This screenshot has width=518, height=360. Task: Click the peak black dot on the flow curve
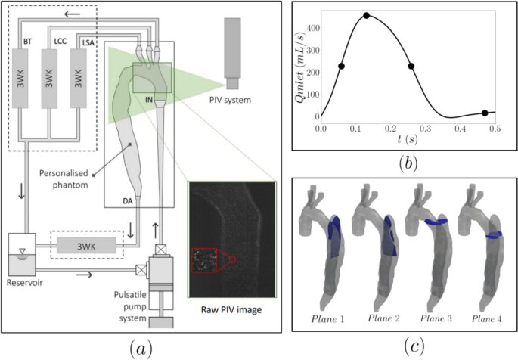(366, 15)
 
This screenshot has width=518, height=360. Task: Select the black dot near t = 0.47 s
(485, 113)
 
